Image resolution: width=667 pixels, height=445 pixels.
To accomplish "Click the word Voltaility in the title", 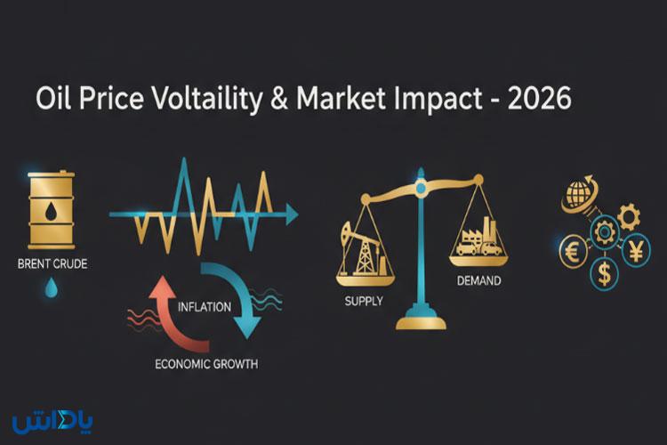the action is pos(207,99).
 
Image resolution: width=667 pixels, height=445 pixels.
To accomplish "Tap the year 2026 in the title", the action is pos(539,98).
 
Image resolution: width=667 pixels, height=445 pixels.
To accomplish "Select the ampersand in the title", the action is pos(278,99).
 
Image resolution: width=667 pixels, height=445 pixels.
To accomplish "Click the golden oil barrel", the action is pos(51,210).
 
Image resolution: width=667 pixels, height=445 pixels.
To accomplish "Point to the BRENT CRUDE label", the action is pos(52,264).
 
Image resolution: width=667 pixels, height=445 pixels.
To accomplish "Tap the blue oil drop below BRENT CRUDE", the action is pos(52,287).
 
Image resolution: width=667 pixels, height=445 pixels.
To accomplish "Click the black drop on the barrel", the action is pos(51,212).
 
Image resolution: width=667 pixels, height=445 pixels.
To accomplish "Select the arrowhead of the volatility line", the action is pos(292,214).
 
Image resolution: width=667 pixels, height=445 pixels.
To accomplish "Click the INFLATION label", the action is pos(205,307).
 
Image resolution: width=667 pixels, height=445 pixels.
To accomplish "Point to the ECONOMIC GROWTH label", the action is pos(206,364).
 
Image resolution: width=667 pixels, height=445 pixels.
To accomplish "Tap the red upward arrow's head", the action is pos(162,287).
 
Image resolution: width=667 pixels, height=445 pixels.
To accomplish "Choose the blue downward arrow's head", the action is pos(247,327).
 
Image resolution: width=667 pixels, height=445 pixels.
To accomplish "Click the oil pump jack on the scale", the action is pos(363,248).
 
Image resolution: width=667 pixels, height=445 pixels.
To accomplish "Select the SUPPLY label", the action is pos(364,302).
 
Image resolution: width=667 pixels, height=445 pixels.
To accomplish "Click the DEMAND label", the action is pos(479,280).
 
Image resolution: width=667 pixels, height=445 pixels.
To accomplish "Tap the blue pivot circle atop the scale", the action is pos(421,188).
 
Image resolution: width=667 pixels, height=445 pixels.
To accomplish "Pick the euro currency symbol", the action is pos(573,252).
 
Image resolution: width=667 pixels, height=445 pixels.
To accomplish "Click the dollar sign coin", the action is pos(605,274).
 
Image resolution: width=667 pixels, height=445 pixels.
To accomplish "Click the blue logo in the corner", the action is pos(52,421).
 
